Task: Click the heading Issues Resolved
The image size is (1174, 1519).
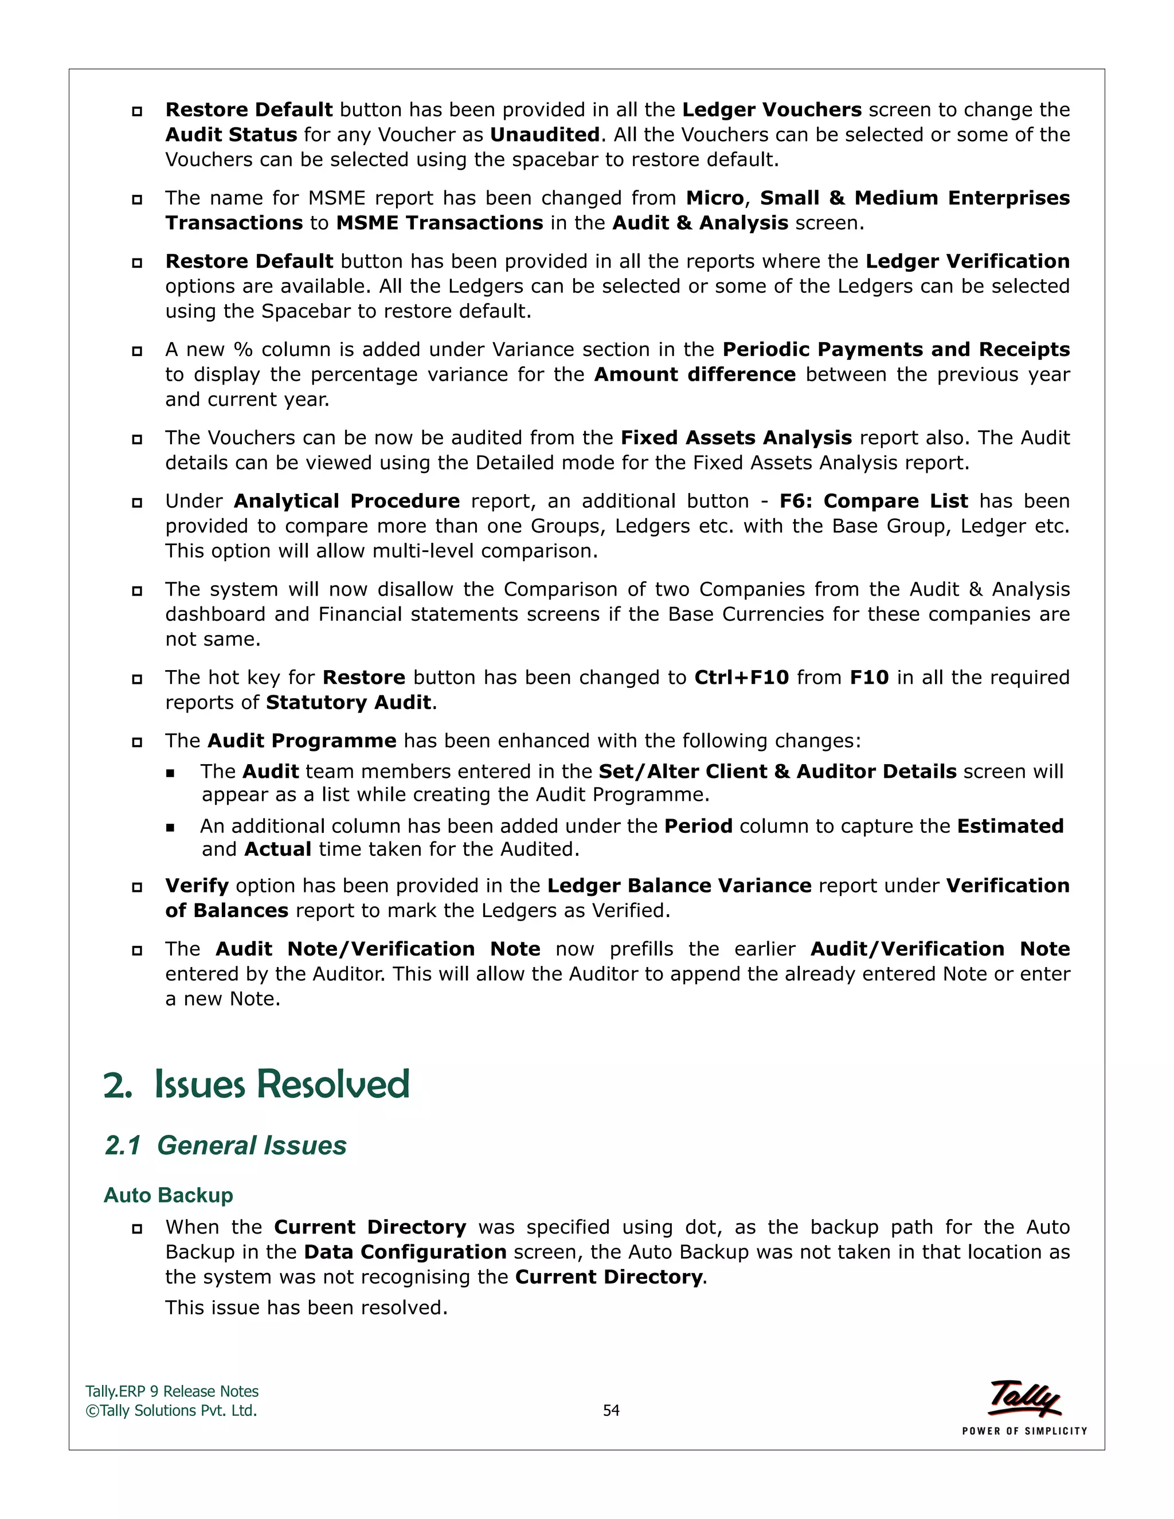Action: coord(281,1085)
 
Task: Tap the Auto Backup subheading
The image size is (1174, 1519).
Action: coord(169,1195)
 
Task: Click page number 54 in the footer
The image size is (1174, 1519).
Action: coord(611,1410)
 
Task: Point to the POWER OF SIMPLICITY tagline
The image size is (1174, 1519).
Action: coord(1024,1431)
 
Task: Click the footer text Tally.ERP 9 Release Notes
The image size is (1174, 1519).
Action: coord(172,1391)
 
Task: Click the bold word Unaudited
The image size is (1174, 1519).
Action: coord(545,134)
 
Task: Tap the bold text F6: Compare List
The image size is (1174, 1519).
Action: coord(874,501)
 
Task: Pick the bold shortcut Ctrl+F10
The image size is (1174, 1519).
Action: coord(741,678)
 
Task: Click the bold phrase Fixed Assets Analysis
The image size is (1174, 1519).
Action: coord(736,437)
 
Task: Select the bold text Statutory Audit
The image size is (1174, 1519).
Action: coord(349,703)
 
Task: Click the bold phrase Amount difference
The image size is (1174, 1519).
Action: coord(694,374)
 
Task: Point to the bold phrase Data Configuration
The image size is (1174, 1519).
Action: coord(405,1252)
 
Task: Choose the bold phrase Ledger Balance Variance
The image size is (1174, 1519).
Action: coord(679,886)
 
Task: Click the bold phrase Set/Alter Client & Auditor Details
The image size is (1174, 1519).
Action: coord(777,772)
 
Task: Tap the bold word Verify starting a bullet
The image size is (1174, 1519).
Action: coord(197,886)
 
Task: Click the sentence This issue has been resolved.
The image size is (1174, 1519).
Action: coord(306,1307)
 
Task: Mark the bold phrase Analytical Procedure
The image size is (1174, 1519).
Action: coord(346,501)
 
